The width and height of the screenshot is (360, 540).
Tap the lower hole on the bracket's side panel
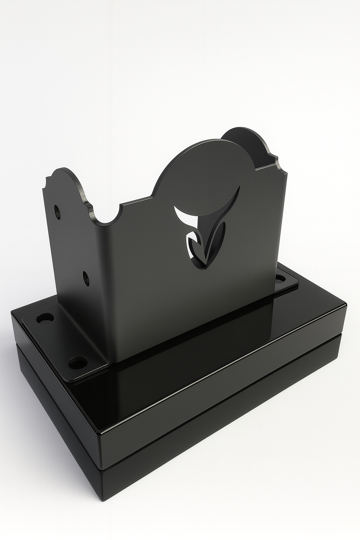click(86, 277)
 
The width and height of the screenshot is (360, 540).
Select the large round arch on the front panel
click(200, 165)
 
